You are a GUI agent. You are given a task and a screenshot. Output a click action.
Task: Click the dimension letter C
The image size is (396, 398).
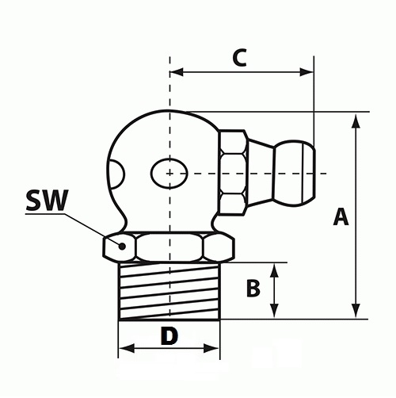pos(240,57)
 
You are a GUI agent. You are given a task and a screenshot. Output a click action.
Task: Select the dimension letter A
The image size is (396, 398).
pos(341,216)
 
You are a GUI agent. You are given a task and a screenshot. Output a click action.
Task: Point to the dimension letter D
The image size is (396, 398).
pos(169,335)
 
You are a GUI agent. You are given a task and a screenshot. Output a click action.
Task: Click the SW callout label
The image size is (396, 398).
pos(47,201)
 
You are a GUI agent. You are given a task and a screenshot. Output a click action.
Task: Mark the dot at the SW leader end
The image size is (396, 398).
pos(122,246)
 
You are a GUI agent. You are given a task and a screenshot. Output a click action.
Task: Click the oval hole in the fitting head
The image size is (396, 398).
pos(169,174)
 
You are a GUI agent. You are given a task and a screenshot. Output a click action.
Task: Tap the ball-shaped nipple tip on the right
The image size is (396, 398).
pos(295,173)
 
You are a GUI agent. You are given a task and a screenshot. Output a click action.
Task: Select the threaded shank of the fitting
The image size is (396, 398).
pos(169,291)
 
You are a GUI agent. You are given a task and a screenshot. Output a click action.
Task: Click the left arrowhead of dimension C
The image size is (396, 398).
pos(177,72)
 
